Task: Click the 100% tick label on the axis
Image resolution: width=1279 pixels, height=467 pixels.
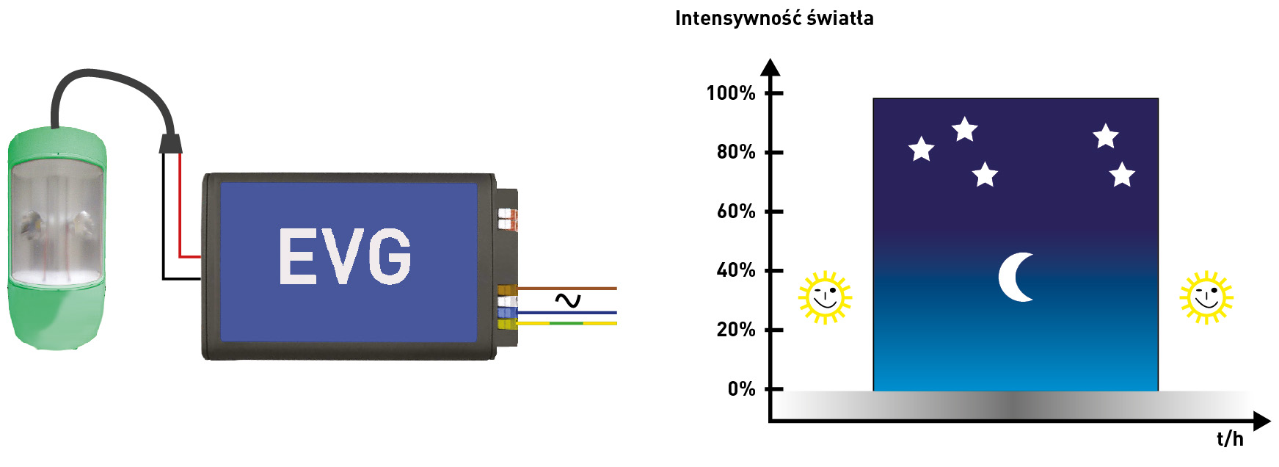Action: coord(730,93)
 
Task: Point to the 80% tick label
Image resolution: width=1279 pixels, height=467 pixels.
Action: coord(735,152)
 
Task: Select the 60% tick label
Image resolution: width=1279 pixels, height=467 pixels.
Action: coord(735,211)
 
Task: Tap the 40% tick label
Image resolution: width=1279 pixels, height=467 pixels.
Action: coord(735,270)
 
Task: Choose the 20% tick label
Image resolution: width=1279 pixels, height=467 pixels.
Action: coord(735,330)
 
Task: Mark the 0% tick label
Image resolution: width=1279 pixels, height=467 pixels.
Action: coord(741,389)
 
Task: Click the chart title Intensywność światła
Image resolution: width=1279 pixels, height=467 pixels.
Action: coord(774,18)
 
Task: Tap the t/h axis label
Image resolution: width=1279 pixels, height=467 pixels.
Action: coord(1230,439)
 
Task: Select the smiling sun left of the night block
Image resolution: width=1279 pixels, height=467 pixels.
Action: coord(825,297)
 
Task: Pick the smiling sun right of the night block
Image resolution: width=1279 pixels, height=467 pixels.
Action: coord(1206,297)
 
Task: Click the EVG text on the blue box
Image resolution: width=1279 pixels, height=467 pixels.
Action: coord(345,256)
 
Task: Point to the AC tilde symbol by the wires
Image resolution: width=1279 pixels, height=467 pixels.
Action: coord(567,300)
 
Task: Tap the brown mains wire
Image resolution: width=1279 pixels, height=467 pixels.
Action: coord(569,289)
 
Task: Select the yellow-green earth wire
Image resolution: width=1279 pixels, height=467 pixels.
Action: coord(569,323)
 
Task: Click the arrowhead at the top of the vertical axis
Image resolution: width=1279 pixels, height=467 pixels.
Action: coord(770,67)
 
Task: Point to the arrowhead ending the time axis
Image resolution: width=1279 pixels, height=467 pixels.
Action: coord(1261,421)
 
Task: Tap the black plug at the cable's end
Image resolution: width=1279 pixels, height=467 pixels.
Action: coord(170,142)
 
